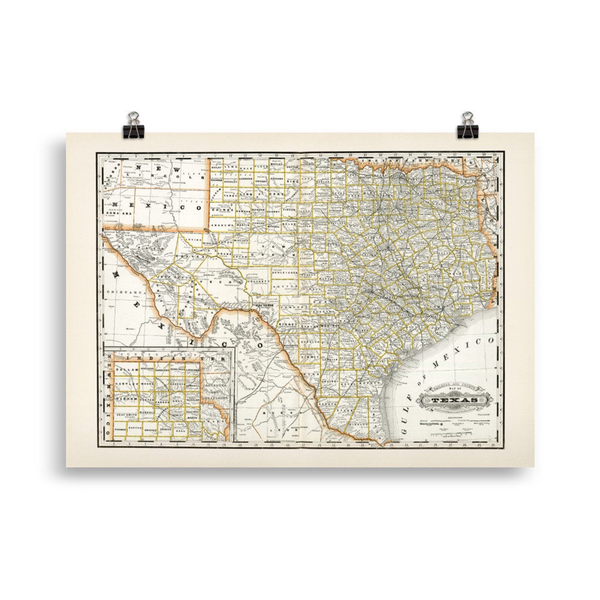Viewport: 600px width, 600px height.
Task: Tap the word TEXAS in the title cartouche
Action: [x=455, y=403]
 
